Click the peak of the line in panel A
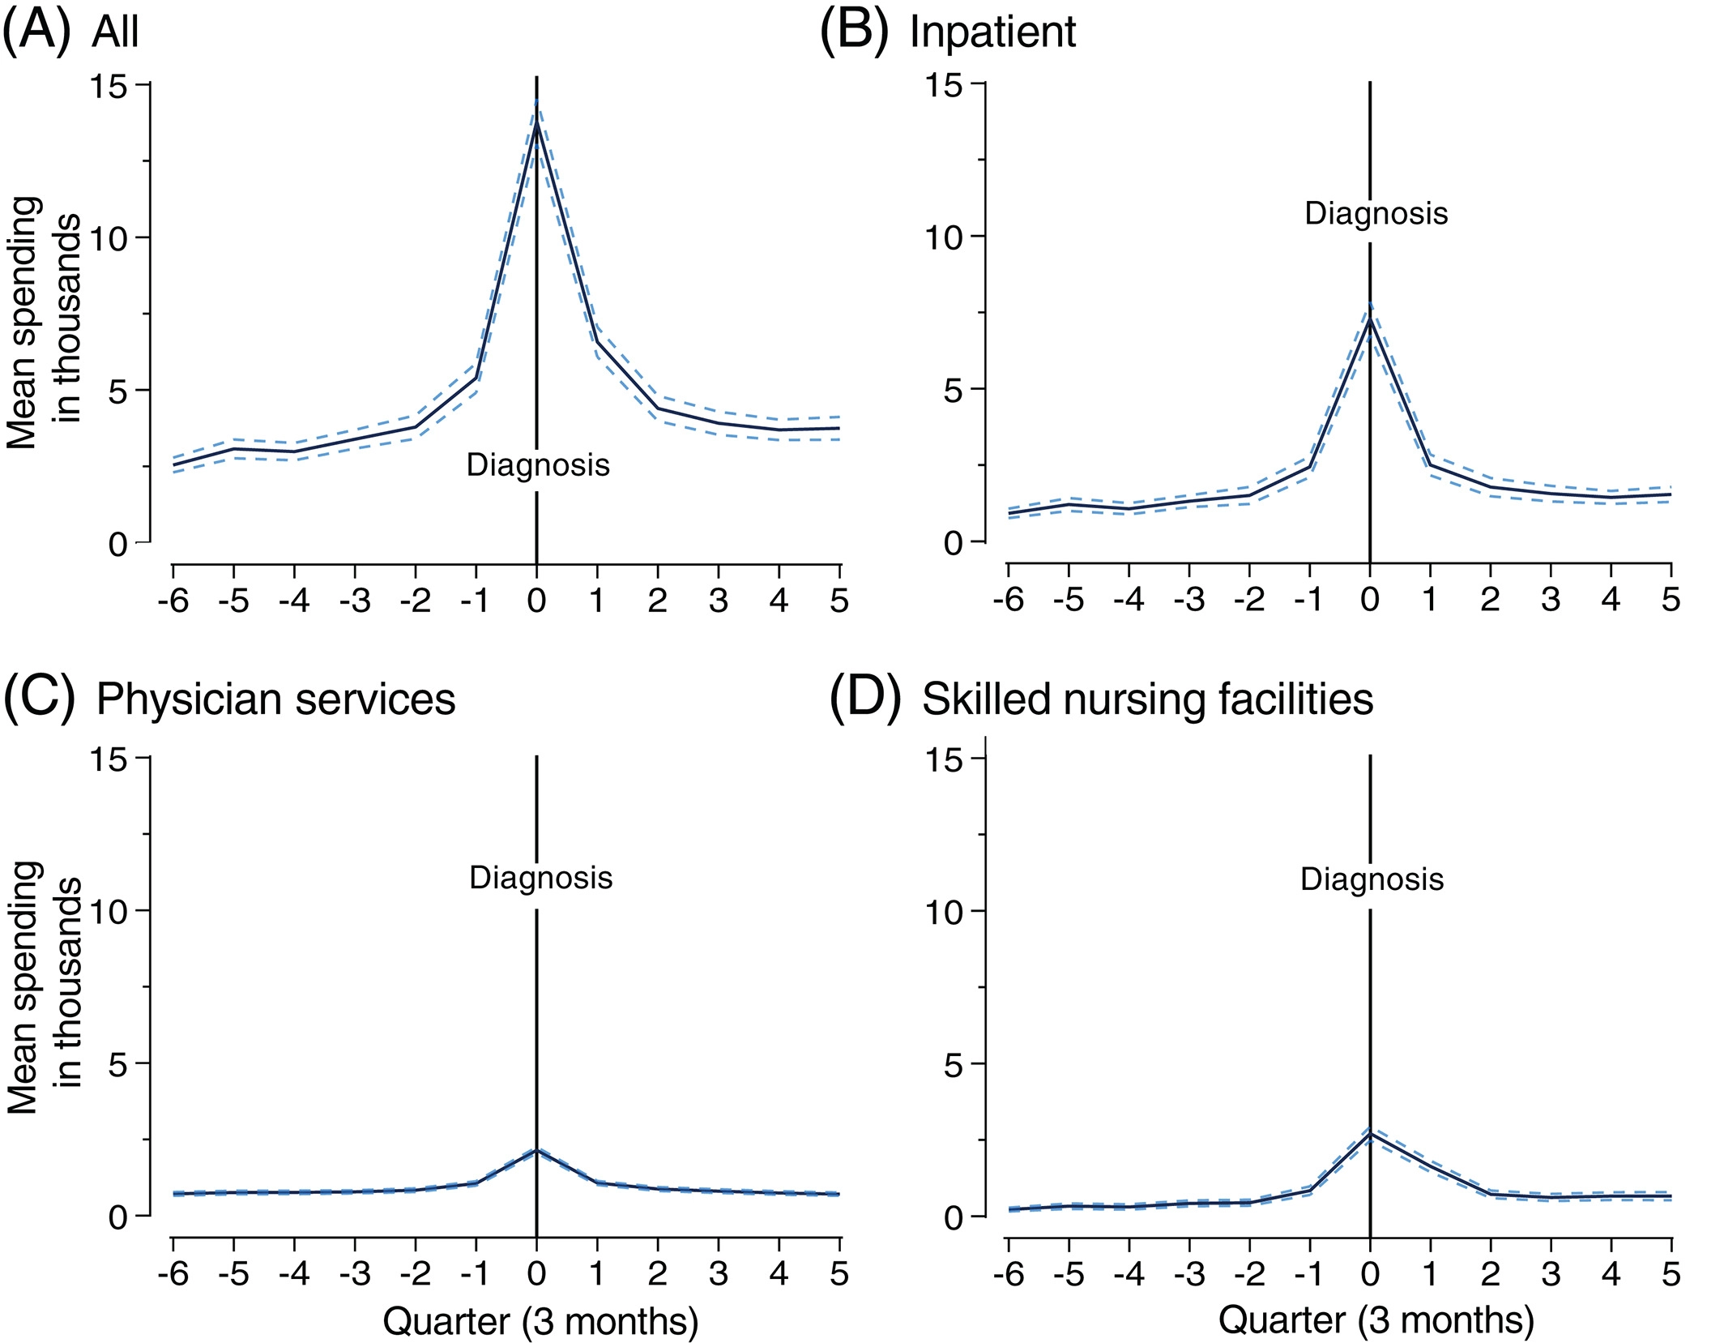[536, 123]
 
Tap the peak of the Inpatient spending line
[1369, 319]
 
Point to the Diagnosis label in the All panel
[538, 465]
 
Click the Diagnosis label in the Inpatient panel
[1376, 214]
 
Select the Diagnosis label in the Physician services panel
[540, 878]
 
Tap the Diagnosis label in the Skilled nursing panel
[1372, 879]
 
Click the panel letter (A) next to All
[37, 32]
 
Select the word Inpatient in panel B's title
[992, 32]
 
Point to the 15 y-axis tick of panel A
[110, 86]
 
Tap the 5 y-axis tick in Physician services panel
[118, 1064]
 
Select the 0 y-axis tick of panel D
[954, 1217]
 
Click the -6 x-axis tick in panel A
[173, 601]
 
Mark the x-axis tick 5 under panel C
[839, 1273]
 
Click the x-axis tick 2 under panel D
[1490, 1273]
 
